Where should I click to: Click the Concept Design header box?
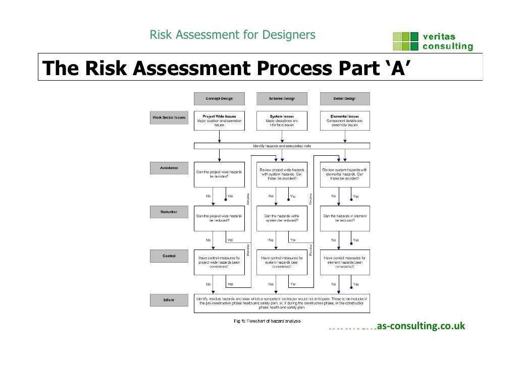[x=219, y=98]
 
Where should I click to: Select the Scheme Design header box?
[x=275, y=98]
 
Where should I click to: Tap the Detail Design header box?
[x=345, y=98]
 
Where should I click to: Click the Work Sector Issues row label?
[x=169, y=118]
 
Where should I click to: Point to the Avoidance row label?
[x=169, y=168]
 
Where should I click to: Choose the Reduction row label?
[x=169, y=212]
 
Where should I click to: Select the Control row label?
[x=169, y=256]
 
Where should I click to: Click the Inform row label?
[x=169, y=300]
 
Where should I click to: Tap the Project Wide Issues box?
[x=219, y=120]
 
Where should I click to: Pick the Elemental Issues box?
[x=345, y=120]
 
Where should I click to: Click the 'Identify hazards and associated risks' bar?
[x=282, y=146]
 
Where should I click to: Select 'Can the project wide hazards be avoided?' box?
[x=219, y=174]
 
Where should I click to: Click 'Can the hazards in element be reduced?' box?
[x=345, y=218]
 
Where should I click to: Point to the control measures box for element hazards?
[x=345, y=262]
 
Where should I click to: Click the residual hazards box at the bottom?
[x=282, y=303]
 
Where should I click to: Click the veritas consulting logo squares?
[x=405, y=42]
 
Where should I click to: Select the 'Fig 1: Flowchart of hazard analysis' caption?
[x=267, y=321]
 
